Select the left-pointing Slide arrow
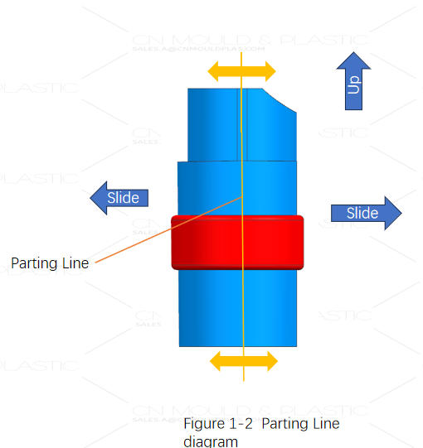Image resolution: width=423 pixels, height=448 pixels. click(120, 197)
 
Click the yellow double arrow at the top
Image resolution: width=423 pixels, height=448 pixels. click(241, 70)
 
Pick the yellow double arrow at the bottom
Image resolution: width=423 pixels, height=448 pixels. click(243, 361)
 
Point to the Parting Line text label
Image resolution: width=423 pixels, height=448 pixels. click(50, 263)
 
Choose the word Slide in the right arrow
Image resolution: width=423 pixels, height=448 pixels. click(362, 213)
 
